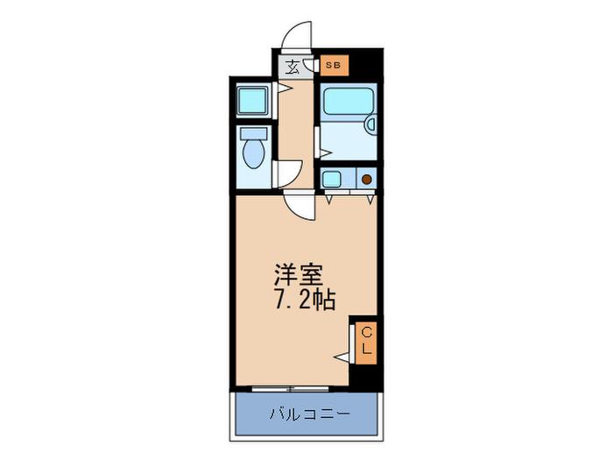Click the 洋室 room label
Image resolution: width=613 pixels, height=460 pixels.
pos(299,275)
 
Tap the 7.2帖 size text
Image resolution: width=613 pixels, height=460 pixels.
pos(306,301)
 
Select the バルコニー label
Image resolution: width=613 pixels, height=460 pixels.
pos(309,414)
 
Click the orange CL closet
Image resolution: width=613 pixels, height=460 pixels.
pos(366,343)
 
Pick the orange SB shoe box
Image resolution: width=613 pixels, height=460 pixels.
pos(334,65)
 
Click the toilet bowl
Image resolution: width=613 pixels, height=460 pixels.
pos(253,153)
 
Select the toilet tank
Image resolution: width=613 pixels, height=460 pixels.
pos(254,133)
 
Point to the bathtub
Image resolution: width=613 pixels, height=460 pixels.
pos(349,102)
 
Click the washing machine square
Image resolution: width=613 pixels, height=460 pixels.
pos(252,101)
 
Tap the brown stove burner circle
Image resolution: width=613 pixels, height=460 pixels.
pos(366,180)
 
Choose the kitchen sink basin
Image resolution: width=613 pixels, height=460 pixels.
pos(331,179)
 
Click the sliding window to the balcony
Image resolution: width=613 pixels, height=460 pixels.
pos(290,389)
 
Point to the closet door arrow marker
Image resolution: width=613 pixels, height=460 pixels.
pos(342,357)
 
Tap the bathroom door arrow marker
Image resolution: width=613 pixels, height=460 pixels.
pos(326,152)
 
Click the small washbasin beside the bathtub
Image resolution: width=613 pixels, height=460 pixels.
pos(370,124)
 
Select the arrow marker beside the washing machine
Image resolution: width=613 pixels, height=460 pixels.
pos(285,88)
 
